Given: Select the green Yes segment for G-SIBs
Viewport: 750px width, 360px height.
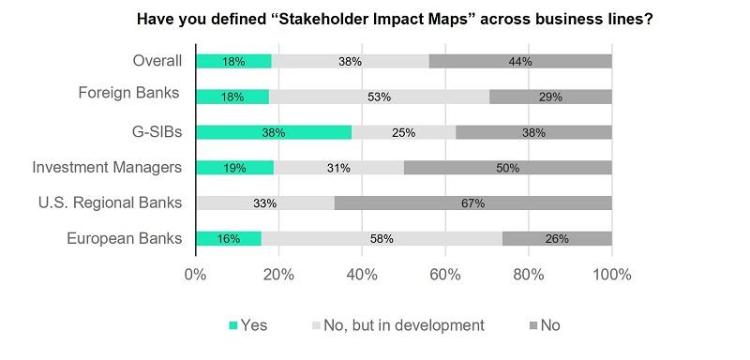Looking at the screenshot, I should [x=274, y=132].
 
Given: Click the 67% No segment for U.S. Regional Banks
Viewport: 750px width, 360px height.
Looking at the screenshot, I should [x=472, y=202].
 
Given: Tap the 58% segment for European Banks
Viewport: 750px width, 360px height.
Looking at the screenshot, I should [x=382, y=238].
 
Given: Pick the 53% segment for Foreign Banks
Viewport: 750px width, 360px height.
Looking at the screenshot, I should [x=379, y=97].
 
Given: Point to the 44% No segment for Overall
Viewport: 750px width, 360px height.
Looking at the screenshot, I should [x=520, y=61].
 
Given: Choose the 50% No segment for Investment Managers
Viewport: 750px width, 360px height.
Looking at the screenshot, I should [x=507, y=168].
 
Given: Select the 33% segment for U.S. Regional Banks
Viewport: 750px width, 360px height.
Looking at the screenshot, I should [x=265, y=202].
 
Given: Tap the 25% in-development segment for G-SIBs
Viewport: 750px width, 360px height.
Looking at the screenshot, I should [x=404, y=132].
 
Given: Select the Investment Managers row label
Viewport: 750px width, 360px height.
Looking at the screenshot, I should [x=107, y=168].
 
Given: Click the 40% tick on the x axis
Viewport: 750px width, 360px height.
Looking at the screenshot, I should [x=362, y=276].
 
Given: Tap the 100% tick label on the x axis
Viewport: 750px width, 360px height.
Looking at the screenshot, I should [x=611, y=276].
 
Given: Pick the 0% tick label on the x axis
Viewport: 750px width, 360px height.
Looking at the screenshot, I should [x=195, y=276].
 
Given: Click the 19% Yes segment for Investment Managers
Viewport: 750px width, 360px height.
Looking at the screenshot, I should [x=234, y=168].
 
